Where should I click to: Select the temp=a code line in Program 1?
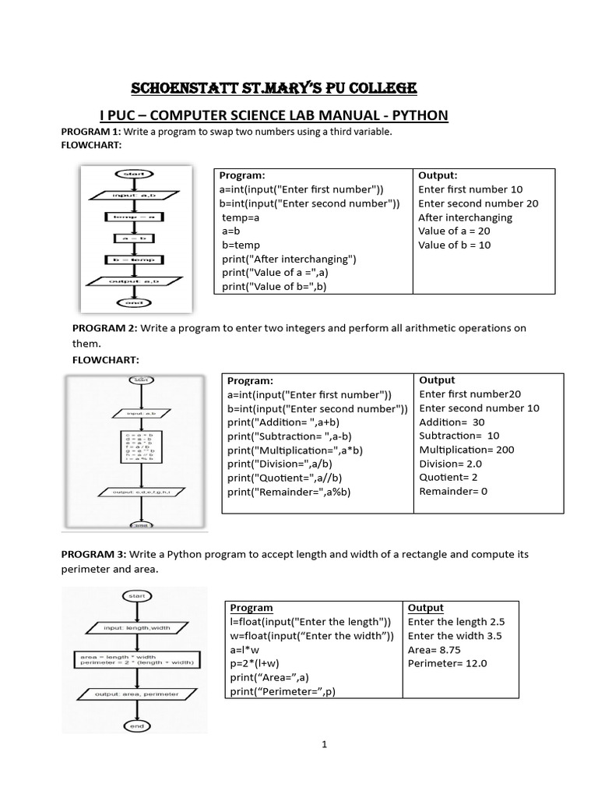[241, 217]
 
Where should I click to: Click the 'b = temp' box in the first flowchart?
[134, 259]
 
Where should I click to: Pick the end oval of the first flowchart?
[134, 302]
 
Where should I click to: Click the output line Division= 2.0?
[451, 464]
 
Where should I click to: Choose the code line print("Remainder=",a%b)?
[290, 492]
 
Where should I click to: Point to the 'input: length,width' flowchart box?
[137, 627]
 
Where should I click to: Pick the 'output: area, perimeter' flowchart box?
[137, 694]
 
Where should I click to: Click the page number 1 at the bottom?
[324, 744]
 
